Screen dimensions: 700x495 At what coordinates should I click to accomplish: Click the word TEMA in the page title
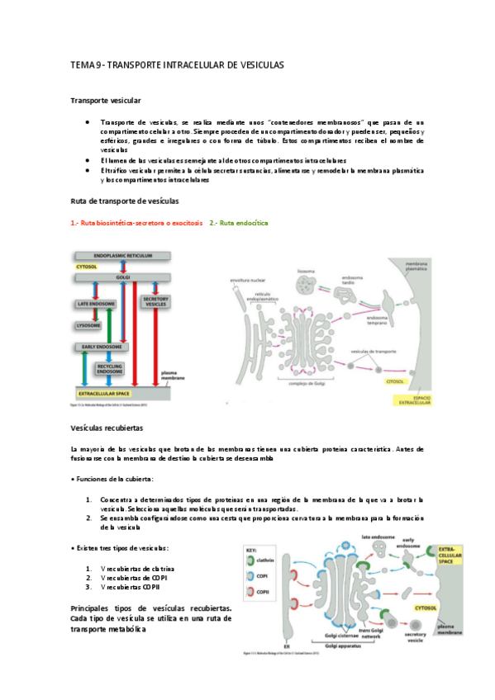81,64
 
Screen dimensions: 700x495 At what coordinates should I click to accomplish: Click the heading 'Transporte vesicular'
99,100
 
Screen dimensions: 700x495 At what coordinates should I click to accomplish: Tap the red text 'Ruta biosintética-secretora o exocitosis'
136,223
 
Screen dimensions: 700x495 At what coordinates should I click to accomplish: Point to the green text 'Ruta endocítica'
239,223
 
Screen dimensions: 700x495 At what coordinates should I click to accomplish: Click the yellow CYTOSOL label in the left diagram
87,267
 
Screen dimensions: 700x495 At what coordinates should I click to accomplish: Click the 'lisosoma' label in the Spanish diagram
303,270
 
